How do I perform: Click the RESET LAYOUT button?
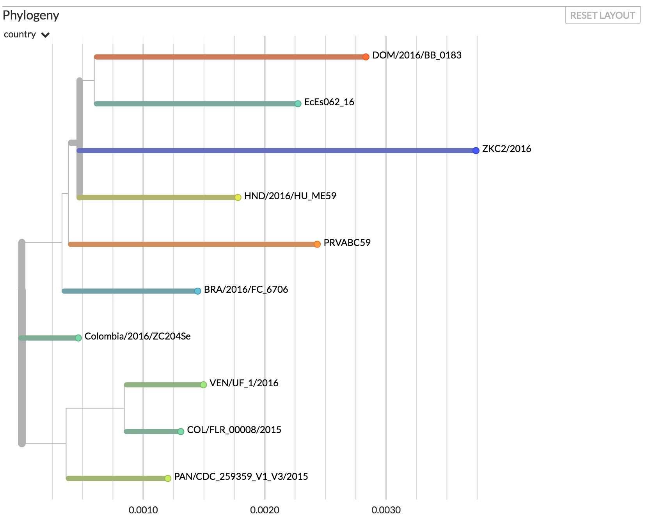(x=602, y=16)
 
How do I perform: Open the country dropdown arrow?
(x=46, y=35)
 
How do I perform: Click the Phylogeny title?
(x=31, y=16)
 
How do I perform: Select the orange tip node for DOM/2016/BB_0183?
(x=366, y=57)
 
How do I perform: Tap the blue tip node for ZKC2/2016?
(x=476, y=150)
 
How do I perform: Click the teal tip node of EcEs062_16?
(x=298, y=104)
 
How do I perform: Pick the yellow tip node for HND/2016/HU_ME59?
(x=238, y=197)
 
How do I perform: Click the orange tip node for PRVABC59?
(x=317, y=244)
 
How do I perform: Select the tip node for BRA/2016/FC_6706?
(x=198, y=291)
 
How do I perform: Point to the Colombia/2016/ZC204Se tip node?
(x=78, y=338)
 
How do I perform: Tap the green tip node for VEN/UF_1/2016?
(x=203, y=385)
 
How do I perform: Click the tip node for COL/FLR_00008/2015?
(x=181, y=432)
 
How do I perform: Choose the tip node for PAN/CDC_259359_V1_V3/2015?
(x=168, y=478)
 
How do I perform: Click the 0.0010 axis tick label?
(x=143, y=510)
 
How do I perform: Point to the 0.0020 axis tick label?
(x=265, y=510)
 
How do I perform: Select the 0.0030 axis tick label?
(x=386, y=510)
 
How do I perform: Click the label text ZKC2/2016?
(x=506, y=149)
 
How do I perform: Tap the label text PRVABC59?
(x=347, y=243)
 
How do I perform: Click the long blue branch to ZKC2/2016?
(x=273, y=150)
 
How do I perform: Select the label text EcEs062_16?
(x=329, y=102)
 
